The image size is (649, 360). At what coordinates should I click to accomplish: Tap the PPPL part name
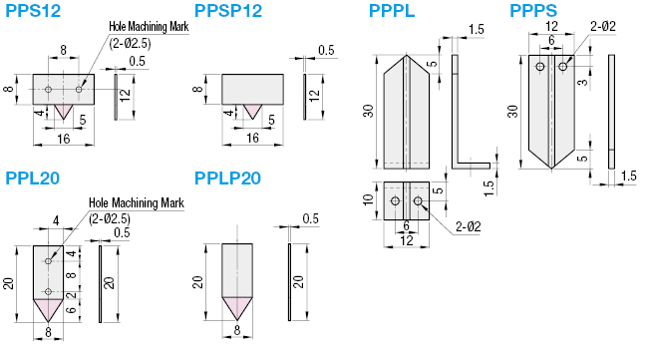[x=392, y=12]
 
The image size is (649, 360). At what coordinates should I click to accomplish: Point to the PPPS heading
[x=533, y=12]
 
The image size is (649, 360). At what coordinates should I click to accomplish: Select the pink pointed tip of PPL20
[x=48, y=307]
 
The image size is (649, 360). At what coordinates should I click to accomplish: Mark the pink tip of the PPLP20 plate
[x=235, y=307]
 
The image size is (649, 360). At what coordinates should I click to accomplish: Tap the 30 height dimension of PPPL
[x=369, y=111]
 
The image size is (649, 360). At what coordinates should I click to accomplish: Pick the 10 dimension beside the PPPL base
[x=369, y=202]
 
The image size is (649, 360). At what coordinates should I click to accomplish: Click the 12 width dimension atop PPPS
[x=552, y=28]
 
